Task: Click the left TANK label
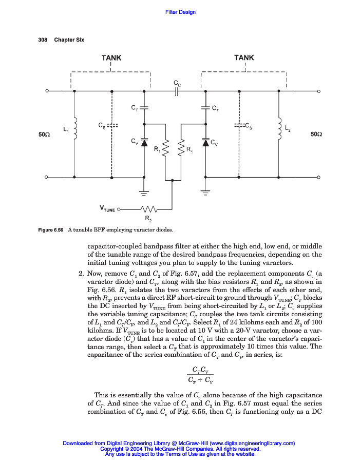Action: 111,58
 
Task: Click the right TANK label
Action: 244,58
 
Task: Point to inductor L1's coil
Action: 75,130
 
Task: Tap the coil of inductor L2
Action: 279,130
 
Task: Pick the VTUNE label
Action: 107,209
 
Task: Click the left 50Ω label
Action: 44,134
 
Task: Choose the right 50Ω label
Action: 317,134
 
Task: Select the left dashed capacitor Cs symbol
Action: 112,125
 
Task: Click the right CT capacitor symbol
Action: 206,108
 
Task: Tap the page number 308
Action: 43,40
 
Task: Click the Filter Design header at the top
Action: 180,12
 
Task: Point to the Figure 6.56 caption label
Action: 51,229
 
